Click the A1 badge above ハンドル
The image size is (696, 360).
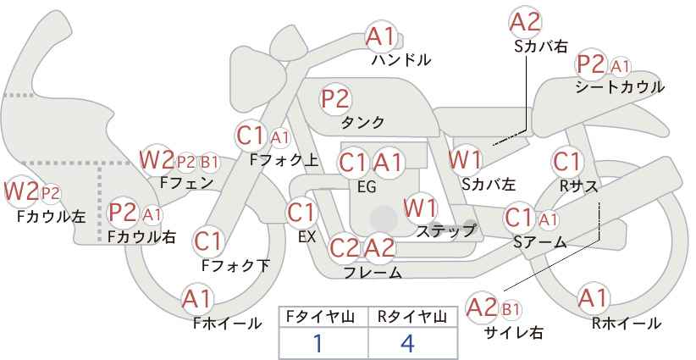coord(382,36)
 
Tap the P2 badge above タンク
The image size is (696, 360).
coord(335,98)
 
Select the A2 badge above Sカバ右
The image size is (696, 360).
coord(526,21)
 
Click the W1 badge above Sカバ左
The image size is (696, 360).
coord(466,158)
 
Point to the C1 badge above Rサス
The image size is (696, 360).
coord(566,161)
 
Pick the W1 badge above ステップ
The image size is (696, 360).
coord(421,207)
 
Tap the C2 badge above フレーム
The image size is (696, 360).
coord(345,248)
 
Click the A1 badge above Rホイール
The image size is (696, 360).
coord(593,298)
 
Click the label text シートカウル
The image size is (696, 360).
coord(619,87)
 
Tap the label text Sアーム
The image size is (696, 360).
coord(539,242)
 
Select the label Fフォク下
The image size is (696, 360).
coord(235,265)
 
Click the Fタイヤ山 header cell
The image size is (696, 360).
coord(323,316)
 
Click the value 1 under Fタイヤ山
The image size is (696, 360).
coord(318,343)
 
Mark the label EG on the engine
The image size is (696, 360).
coord(366,187)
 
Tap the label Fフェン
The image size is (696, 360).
coord(186,182)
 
